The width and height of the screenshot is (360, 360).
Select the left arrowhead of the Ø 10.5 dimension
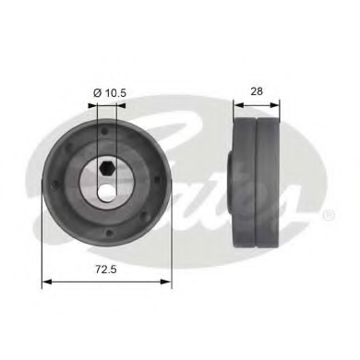pyautogui.click(x=92, y=104)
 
